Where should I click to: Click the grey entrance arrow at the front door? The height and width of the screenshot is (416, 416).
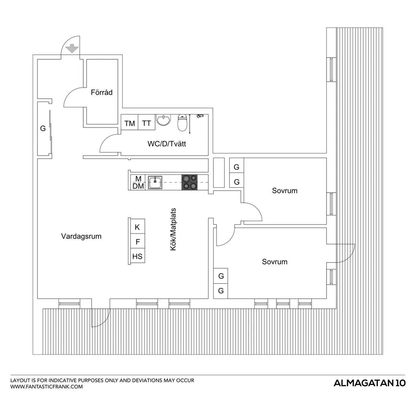click(72, 49)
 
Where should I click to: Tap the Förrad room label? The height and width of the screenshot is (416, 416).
click(102, 92)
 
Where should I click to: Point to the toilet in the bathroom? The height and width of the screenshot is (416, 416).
click(182, 123)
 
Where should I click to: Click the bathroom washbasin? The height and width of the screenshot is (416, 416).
click(163, 120)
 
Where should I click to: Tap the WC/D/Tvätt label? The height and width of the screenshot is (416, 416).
click(167, 144)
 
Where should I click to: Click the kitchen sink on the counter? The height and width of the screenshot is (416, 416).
click(155, 182)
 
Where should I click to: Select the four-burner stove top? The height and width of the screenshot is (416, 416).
click(189, 182)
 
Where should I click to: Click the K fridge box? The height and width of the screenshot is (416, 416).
click(137, 226)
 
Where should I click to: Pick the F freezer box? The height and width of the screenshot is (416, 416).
click(137, 241)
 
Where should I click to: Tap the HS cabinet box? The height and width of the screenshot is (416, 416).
click(137, 256)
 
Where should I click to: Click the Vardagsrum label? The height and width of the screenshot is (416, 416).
click(81, 236)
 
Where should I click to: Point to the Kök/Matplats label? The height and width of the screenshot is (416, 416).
click(173, 229)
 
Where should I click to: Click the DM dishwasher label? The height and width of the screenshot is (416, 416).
click(138, 186)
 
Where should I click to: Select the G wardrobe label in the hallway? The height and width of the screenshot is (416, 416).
click(43, 128)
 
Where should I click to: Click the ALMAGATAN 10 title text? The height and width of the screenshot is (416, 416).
click(370, 383)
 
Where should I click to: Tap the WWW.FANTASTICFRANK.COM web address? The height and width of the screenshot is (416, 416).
click(46, 387)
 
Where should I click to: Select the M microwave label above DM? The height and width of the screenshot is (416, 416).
click(138, 179)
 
